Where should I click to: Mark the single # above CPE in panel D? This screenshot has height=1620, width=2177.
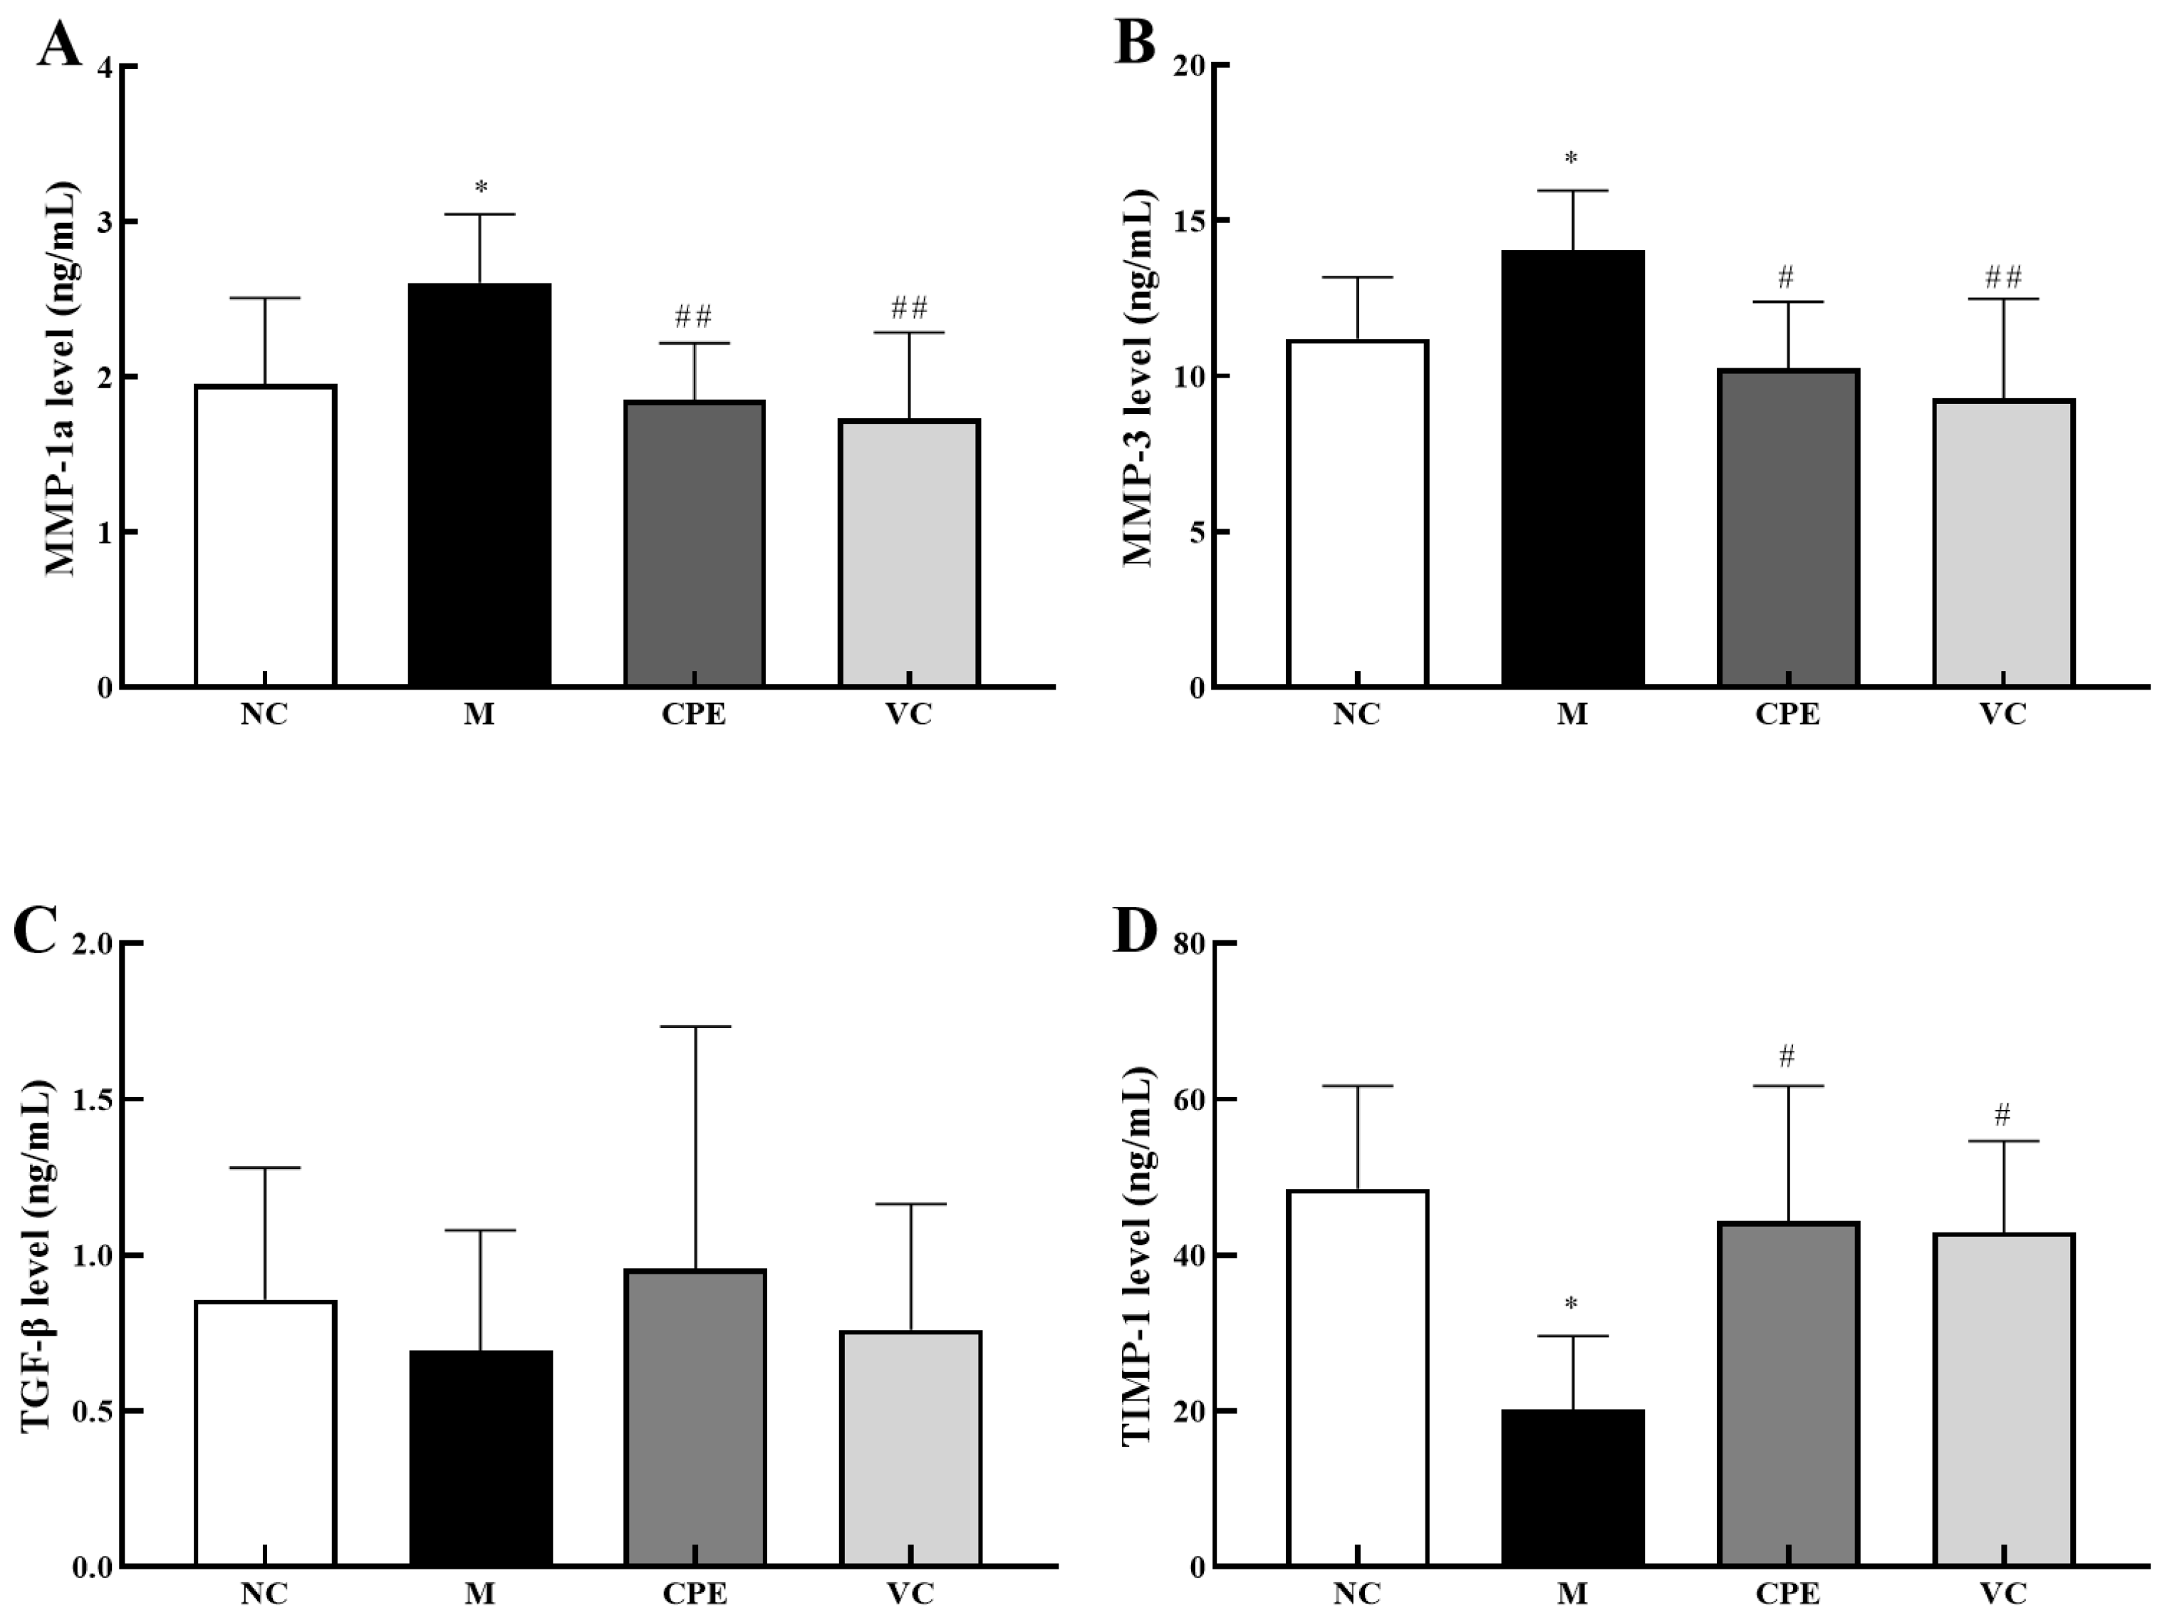click(1787, 1056)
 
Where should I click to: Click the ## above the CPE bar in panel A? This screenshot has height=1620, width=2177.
click(693, 317)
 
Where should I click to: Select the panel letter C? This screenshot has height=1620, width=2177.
click(36, 932)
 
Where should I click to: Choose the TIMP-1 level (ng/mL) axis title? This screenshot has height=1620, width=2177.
click(1138, 1255)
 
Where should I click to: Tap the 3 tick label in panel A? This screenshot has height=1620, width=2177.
click(104, 222)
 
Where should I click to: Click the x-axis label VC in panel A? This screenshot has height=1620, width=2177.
click(908, 714)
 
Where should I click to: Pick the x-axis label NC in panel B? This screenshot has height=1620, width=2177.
click(1356, 714)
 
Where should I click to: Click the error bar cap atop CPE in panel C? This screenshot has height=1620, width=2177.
click(695, 1026)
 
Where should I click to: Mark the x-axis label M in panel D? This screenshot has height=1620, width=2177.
click(1572, 1594)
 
